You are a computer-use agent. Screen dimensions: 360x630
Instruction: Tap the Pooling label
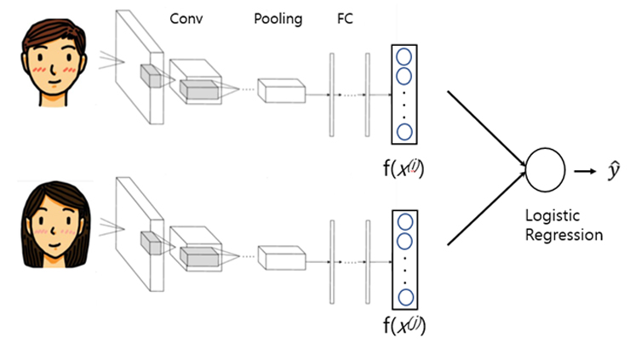(x=278, y=19)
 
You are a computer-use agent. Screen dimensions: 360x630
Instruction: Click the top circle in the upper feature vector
(x=405, y=57)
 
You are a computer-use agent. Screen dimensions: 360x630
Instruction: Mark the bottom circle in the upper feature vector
(x=405, y=131)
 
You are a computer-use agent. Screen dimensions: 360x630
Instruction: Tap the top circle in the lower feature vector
(x=405, y=222)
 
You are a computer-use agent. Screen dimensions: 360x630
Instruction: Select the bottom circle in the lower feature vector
(x=405, y=297)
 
